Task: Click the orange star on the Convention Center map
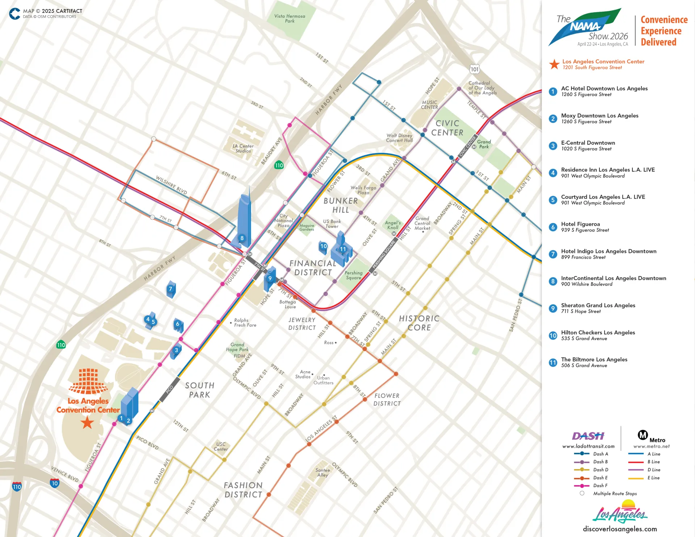87,422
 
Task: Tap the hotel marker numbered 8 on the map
242,238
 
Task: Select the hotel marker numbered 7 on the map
170,289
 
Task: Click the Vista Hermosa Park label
290,18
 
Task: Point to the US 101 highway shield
475,69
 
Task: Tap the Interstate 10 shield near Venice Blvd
55,483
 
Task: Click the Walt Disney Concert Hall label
399,138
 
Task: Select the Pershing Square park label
353,275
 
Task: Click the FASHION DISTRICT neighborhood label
243,490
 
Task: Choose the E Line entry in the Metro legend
653,478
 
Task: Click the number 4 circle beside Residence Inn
553,173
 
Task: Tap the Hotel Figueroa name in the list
580,224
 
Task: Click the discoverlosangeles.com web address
620,529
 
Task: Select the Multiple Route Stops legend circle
582,493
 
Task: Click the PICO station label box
169,389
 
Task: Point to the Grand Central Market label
422,223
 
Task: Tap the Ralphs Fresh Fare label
245,322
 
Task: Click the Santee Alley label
323,473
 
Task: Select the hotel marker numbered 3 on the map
176,350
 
